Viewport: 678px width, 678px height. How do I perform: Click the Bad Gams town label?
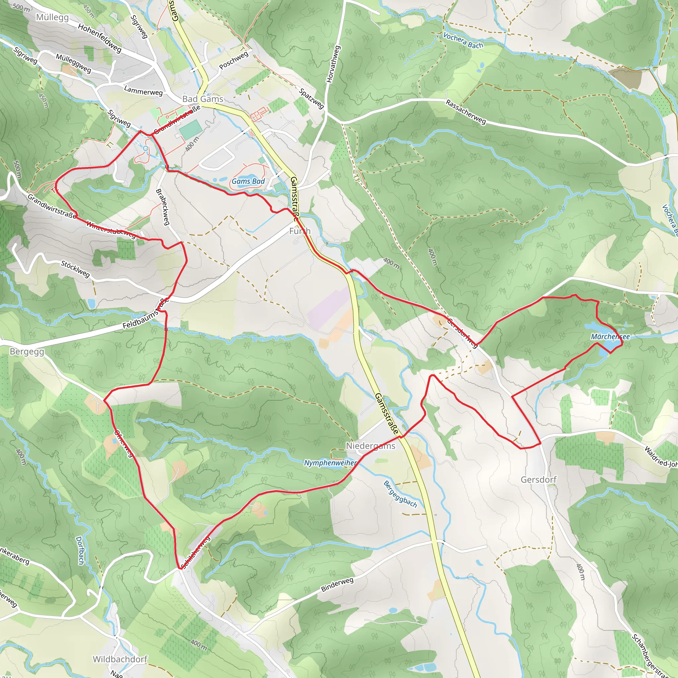coord(203,99)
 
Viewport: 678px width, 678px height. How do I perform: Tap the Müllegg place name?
coord(52,17)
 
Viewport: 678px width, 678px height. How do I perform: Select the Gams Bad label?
coord(248,181)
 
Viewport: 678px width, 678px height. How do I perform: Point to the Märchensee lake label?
coord(610,337)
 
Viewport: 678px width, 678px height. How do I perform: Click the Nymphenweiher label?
coord(330,463)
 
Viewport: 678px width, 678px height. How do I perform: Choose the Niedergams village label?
coord(370,446)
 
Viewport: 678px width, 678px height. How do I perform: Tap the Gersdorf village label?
coord(538,480)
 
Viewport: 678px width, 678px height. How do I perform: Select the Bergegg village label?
coord(27,352)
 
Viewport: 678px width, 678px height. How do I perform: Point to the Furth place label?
coord(300,231)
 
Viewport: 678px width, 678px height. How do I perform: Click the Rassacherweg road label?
coord(466,112)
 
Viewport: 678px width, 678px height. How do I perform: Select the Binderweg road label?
coord(337,584)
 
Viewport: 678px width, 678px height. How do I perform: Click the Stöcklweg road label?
coord(75,269)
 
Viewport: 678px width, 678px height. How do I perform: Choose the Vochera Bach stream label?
coord(463,40)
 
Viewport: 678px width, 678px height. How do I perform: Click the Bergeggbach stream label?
coord(400,495)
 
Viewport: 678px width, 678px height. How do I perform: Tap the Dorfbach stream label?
coord(80,550)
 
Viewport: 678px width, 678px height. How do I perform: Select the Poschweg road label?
coord(234,60)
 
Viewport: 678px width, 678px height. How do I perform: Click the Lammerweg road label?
coord(143,90)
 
